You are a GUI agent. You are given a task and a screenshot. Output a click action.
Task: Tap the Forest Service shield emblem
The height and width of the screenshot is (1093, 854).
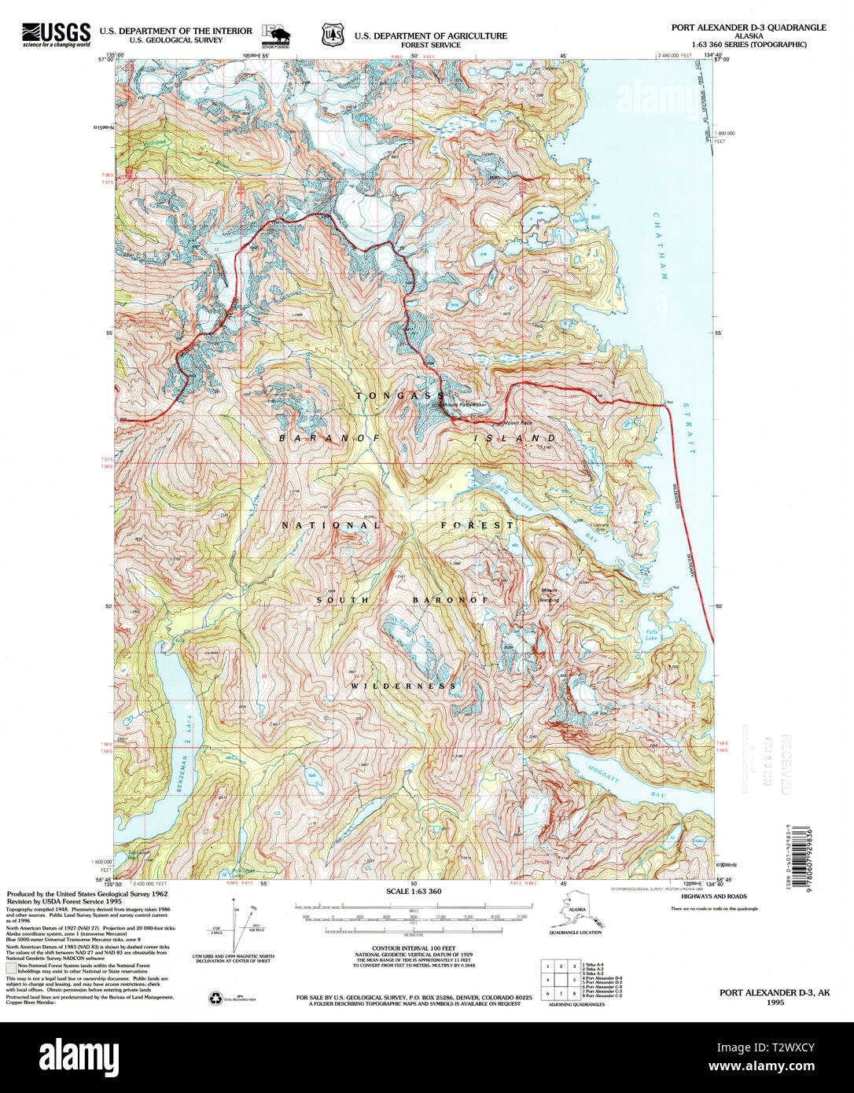coord(333,35)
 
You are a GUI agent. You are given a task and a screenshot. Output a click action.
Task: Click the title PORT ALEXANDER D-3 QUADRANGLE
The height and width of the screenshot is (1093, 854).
coord(748,27)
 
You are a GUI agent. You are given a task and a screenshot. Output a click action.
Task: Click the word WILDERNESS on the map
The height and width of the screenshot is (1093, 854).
coord(403,686)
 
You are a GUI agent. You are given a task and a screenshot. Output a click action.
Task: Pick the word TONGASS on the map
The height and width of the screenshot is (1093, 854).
coord(400,396)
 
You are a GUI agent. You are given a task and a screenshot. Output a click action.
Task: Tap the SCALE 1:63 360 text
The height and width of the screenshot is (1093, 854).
coord(414,891)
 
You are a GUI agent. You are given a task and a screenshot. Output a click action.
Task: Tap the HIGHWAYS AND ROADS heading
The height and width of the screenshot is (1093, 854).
coord(713,896)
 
